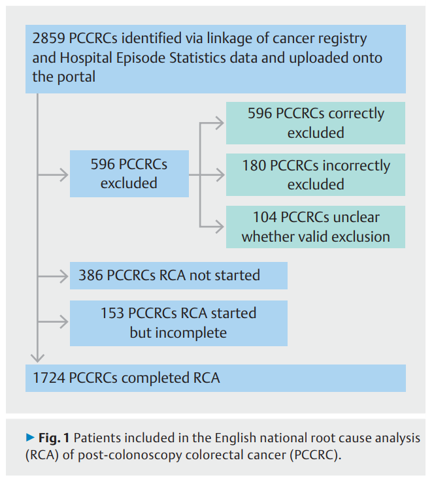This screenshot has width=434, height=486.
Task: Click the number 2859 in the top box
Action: click(49, 39)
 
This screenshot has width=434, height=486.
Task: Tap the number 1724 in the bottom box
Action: click(50, 378)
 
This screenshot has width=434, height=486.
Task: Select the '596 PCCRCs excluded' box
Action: click(129, 174)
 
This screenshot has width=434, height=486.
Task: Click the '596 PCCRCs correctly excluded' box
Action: click(316, 123)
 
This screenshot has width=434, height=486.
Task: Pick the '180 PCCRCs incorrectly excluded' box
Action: click(316, 174)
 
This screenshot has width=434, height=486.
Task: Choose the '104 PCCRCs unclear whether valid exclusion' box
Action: click(316, 227)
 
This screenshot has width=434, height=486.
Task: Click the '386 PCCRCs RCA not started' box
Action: click(178, 275)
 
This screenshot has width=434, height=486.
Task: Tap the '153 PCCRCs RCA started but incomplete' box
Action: click(178, 323)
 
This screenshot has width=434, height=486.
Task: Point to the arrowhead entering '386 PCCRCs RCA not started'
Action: click(64, 275)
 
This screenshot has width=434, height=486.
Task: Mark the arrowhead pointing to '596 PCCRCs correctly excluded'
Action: click(220, 123)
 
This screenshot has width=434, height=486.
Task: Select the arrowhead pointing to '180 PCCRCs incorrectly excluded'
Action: click(220, 174)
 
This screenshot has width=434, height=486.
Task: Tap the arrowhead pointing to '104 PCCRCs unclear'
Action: click(220, 227)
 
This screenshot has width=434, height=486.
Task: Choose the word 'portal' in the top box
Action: click(75, 77)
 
